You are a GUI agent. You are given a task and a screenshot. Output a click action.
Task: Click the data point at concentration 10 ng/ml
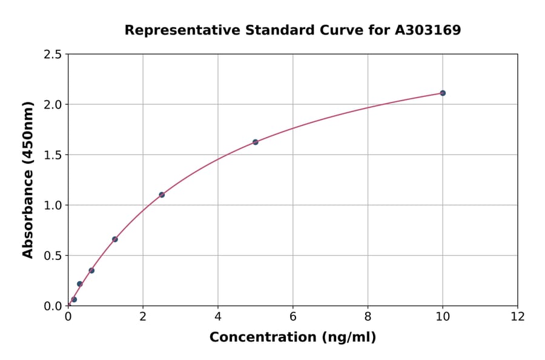pyautogui.click(x=443, y=93)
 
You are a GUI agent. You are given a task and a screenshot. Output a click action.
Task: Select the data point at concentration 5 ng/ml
pyautogui.click(x=255, y=142)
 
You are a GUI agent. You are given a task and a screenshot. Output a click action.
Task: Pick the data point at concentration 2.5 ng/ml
pyautogui.click(x=162, y=195)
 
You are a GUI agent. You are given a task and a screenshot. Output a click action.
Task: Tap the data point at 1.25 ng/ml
pyautogui.click(x=115, y=239)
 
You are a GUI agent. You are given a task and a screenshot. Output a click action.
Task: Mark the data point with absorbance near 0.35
pyautogui.click(x=91, y=270)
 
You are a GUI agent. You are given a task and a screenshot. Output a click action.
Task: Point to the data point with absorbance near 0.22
pyautogui.click(x=79, y=284)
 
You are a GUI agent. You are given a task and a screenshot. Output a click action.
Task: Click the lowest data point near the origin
pyautogui.click(x=74, y=299)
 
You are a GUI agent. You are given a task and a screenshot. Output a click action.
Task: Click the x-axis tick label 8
pyautogui.click(x=368, y=316)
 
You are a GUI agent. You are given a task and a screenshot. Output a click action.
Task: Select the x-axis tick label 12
pyautogui.click(x=517, y=316)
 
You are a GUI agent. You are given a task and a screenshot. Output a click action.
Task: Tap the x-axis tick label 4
pyautogui.click(x=217, y=316)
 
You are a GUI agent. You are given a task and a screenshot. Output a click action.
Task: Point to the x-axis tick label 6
pyautogui.click(x=292, y=316)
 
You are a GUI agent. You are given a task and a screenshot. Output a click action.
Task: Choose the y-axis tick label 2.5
pyautogui.click(x=53, y=55)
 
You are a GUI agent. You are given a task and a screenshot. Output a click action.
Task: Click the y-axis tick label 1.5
pyautogui.click(x=53, y=155)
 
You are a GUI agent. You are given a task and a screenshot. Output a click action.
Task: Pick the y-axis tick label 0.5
pyautogui.click(x=53, y=256)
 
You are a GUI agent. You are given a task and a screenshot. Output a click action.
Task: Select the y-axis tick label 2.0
pyautogui.click(x=53, y=105)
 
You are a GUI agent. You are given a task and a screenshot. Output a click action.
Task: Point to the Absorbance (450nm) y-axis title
pyautogui.click(x=28, y=179)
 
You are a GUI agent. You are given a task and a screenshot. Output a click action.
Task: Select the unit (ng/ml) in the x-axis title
pyautogui.click(x=349, y=337)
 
